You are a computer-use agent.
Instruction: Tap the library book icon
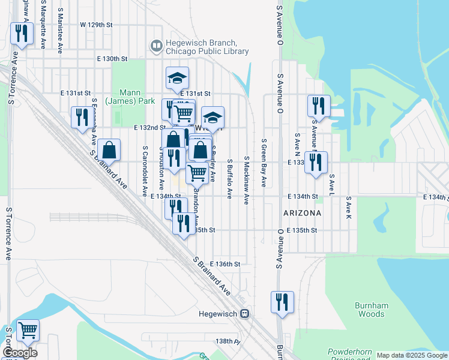156,46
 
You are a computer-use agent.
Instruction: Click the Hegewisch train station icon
244,314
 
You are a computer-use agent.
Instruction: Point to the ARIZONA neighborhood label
303,213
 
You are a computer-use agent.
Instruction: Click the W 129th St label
96,25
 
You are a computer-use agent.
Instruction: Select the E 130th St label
112,59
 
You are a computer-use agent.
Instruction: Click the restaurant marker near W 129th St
22,34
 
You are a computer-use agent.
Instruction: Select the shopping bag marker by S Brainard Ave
110,151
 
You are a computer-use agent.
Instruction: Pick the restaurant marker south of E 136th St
281,302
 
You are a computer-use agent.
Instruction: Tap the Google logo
20,353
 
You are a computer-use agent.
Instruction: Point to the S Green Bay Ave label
264,163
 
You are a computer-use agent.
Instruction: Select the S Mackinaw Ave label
246,180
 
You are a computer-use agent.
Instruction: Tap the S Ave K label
348,206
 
